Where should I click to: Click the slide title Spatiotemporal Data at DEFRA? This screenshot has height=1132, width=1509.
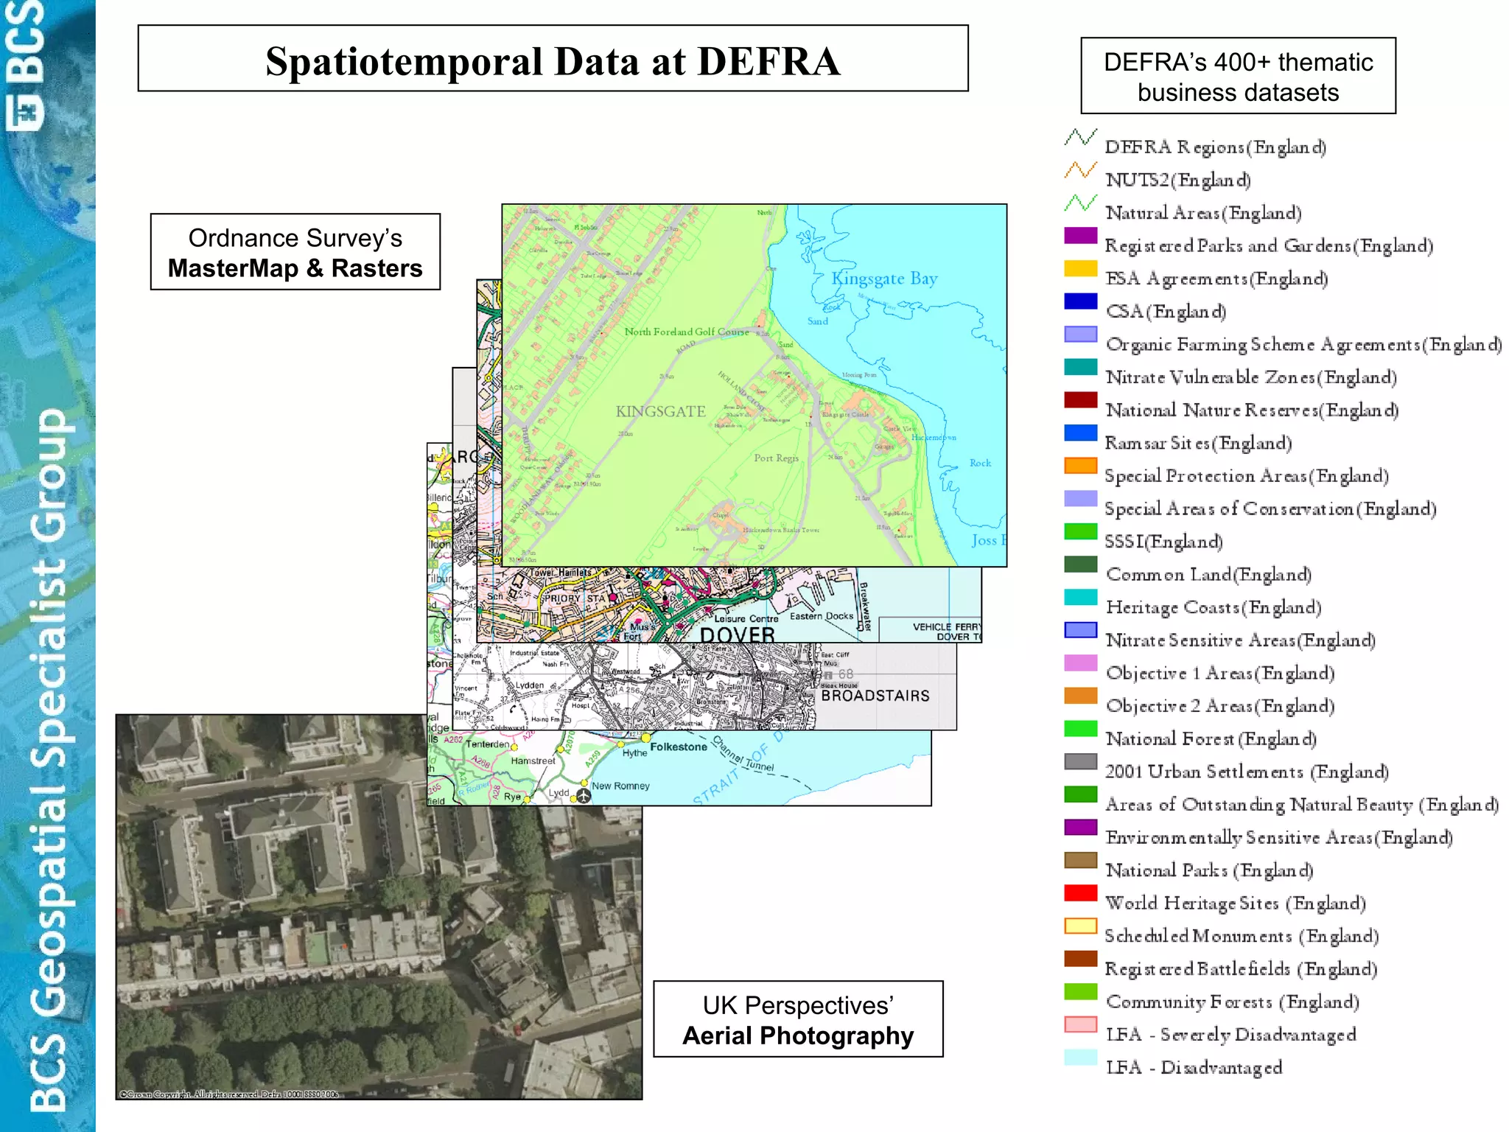[553, 60]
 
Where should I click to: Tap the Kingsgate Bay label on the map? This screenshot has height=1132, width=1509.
[884, 279]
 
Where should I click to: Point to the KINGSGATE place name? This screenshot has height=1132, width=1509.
[660, 411]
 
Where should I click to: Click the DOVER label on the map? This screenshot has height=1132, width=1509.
[737, 634]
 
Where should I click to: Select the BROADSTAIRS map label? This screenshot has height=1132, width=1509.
[875, 696]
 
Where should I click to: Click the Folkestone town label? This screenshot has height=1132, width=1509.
[678, 747]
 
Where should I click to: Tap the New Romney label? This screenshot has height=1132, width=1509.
[620, 786]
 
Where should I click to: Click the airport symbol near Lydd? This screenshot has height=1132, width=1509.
[584, 796]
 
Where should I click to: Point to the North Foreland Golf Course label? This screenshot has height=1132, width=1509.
[686, 332]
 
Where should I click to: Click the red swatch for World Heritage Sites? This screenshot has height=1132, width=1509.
[1080, 892]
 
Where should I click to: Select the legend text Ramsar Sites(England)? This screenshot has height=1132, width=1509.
[1198, 443]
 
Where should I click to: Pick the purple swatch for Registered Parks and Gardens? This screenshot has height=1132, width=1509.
[1080, 235]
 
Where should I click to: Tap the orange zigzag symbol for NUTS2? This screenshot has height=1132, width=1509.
[1080, 170]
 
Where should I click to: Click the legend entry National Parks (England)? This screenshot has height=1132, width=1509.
[1209, 870]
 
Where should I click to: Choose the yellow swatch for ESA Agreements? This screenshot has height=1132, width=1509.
[1080, 268]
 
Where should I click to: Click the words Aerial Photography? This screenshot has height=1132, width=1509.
[798, 1035]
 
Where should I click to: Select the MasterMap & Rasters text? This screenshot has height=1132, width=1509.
[295, 268]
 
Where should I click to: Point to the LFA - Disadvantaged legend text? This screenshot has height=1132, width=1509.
[1194, 1067]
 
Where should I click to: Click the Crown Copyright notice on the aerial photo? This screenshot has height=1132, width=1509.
[229, 1094]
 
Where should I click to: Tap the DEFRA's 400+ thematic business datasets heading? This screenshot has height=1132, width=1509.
[1238, 77]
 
